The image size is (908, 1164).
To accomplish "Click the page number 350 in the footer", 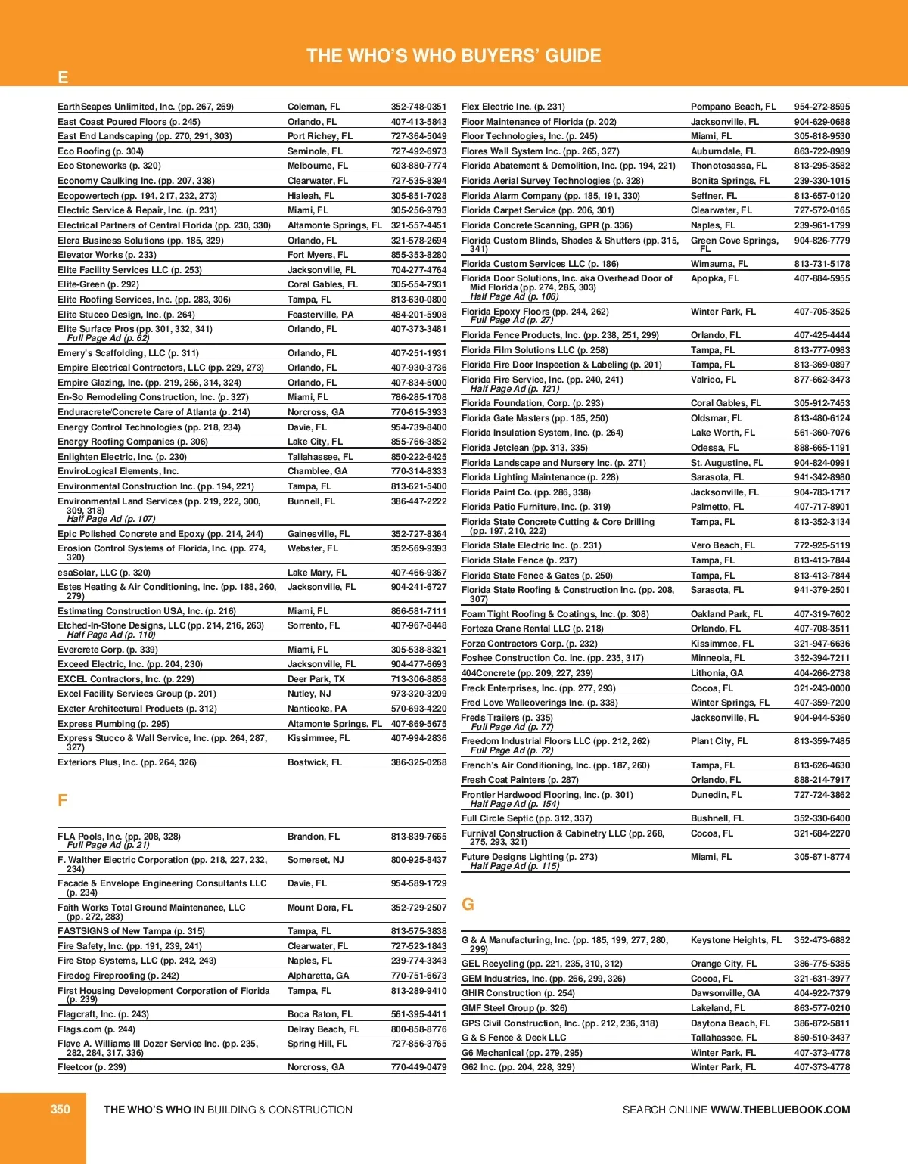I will pos(60,1110).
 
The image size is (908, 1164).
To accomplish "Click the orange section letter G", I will pos(468,905).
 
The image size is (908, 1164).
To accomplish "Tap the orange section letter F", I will pos(63,801).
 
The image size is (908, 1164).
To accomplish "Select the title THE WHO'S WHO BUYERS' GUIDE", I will pos(453,56).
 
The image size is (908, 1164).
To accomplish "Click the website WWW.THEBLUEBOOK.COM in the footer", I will pos(780,1110).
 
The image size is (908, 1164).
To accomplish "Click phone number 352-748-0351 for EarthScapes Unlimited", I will pos(418,107).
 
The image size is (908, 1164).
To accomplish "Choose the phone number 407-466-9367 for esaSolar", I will pos(418,573).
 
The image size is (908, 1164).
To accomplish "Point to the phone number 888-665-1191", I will pos(822,448).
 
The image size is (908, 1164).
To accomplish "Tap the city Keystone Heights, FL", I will pos(735,940).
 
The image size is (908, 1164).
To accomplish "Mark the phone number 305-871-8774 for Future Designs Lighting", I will pos(822,857).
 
